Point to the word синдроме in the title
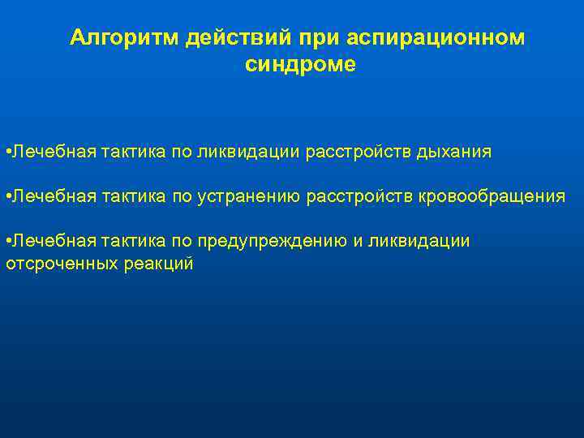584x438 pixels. tap(300, 65)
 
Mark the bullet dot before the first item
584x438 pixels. tap(7, 152)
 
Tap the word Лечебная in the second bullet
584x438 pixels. tap(49, 196)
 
